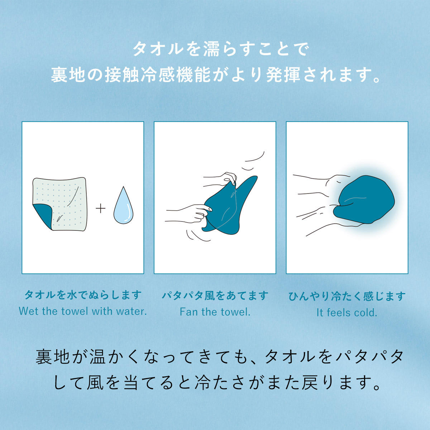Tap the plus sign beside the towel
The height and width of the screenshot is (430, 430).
point(101,209)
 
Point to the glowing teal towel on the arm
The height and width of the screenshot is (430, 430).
point(364,201)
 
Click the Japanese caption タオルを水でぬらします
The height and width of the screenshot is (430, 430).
point(83,295)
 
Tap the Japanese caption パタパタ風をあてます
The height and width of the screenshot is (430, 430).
point(215,296)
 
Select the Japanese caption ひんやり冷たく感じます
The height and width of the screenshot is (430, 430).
point(347,296)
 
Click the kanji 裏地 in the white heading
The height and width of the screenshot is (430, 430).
point(68,75)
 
